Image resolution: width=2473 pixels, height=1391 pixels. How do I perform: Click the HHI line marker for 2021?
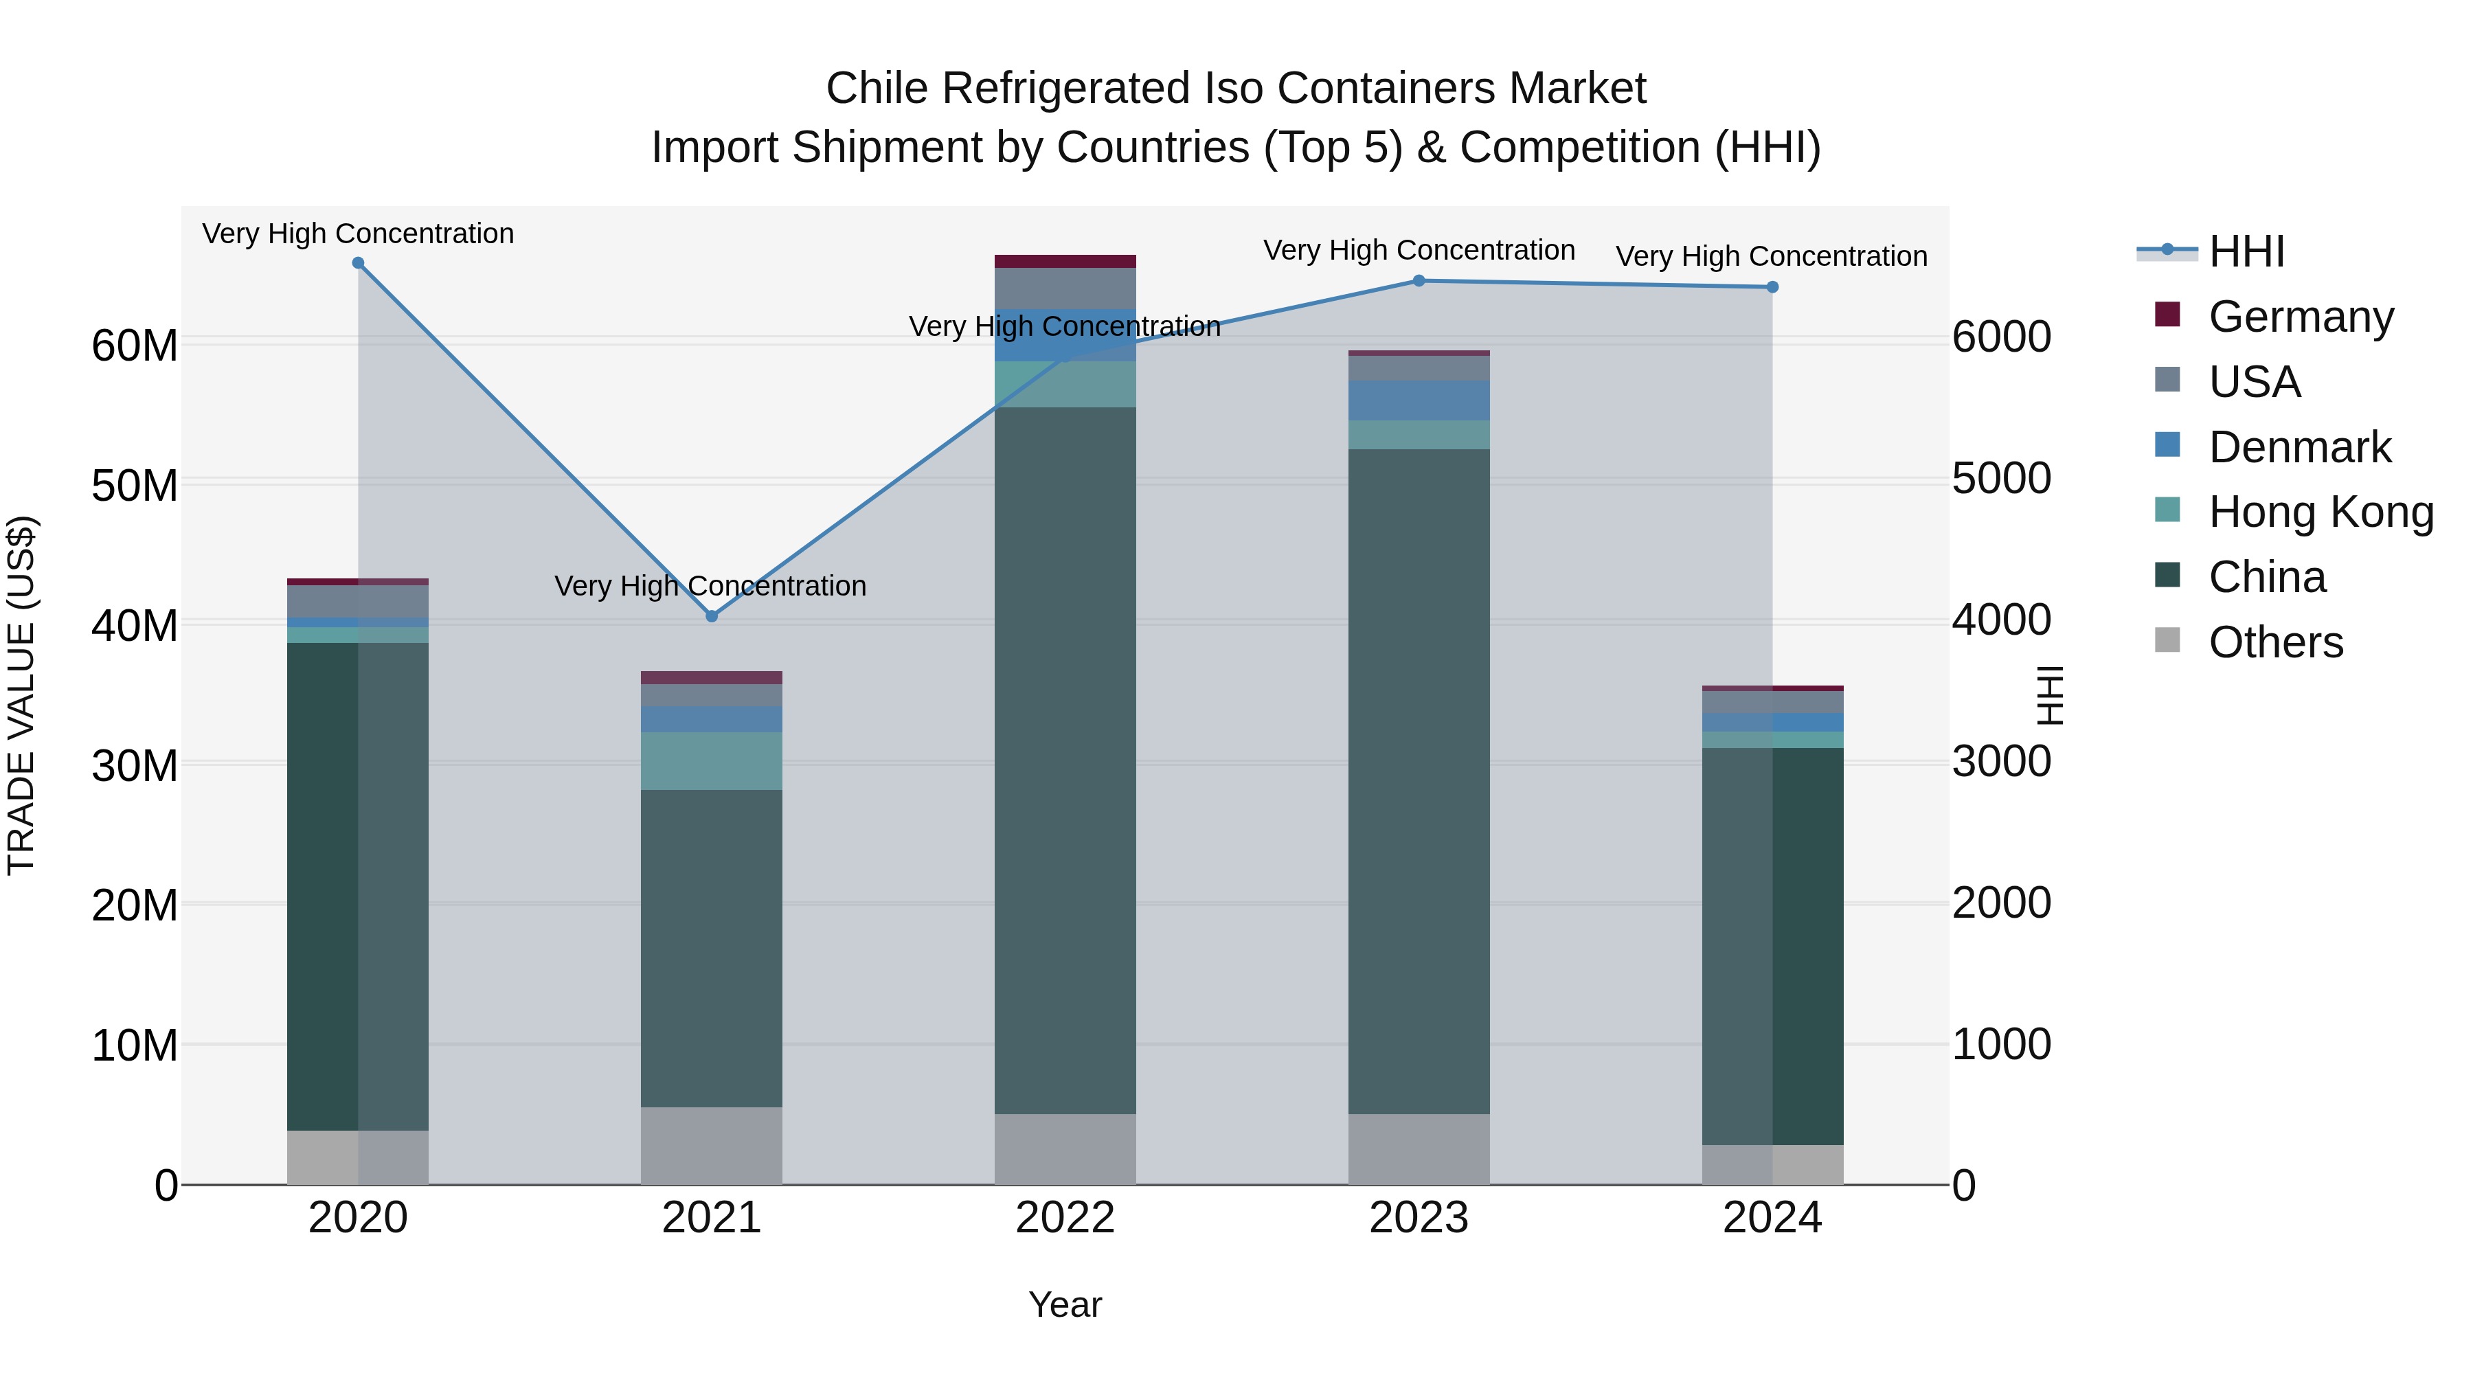click(712, 616)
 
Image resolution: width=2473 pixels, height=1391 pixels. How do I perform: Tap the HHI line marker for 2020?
click(358, 263)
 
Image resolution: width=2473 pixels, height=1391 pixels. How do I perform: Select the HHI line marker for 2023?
click(1419, 281)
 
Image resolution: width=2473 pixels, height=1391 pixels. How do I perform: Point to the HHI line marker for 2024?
click(1772, 287)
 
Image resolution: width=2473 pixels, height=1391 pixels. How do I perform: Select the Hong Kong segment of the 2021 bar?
click(712, 761)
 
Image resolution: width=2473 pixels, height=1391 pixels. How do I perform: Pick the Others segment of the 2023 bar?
click(1419, 1149)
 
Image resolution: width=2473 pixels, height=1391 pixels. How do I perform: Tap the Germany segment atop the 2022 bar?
click(1065, 261)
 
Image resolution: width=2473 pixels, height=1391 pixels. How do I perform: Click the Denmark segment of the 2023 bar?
click(1419, 400)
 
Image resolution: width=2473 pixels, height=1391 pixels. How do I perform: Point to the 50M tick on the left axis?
click(135, 486)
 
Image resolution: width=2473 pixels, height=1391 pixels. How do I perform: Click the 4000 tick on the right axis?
click(2002, 620)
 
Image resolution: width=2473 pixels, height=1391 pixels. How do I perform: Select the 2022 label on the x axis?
click(1065, 1218)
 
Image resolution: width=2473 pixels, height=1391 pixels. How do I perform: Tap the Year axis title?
click(1065, 1304)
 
